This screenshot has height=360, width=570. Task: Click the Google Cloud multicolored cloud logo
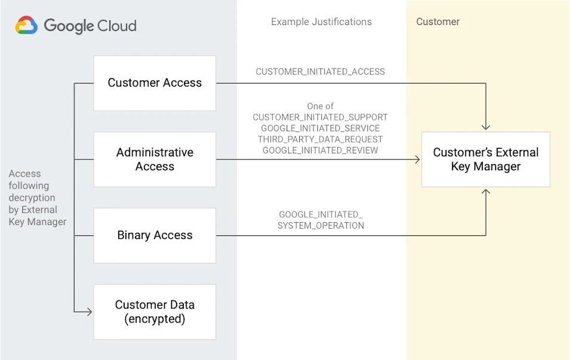pos(26,26)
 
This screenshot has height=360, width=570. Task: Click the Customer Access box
pos(155,83)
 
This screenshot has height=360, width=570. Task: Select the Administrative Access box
pos(155,159)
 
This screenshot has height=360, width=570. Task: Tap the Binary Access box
pos(155,235)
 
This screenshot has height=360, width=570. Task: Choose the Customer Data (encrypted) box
pos(155,312)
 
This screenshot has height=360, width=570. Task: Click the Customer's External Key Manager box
pos(485,159)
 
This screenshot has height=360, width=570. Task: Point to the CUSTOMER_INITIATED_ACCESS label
pos(320,72)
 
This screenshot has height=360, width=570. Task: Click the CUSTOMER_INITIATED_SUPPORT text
pos(320,118)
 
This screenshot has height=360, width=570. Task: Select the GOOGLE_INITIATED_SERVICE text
pos(320,128)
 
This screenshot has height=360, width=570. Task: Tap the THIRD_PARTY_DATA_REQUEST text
pos(320,139)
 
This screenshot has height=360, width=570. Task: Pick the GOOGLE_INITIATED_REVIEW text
pos(320,150)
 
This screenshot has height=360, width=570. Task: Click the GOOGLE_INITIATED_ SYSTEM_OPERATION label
pos(321,220)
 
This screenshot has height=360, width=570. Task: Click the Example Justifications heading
pos(321,22)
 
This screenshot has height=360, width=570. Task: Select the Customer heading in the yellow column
pos(437,22)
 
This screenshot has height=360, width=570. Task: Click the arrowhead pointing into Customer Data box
pos(88,312)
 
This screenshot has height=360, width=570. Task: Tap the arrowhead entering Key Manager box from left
pos(417,159)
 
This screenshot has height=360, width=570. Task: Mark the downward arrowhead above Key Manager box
pos(486,127)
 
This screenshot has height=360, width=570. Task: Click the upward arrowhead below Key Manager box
pos(486,192)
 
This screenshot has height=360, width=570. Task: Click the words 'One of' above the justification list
pos(320,106)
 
